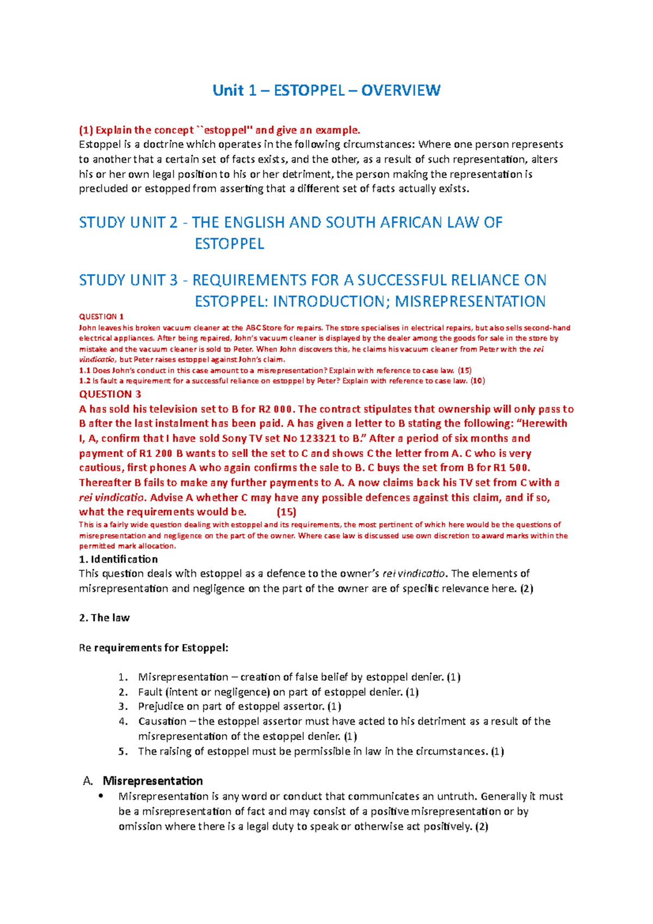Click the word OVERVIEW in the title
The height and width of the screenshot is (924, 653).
[x=401, y=90]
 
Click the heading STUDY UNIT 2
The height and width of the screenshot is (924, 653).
[x=128, y=223]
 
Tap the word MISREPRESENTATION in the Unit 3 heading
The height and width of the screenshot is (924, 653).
[x=470, y=301]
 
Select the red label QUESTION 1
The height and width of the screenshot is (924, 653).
[x=102, y=317]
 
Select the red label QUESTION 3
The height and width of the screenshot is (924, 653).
[x=110, y=394]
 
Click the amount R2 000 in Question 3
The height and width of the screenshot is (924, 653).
[x=272, y=409]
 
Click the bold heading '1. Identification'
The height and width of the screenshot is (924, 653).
[x=118, y=559]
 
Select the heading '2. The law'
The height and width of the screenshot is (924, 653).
[x=104, y=618]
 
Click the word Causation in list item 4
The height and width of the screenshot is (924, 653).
[x=162, y=722]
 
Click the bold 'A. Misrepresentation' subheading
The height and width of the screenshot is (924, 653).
[x=152, y=781]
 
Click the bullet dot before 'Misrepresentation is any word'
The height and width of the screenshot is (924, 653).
[x=100, y=796]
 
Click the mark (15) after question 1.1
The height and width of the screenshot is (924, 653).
[x=465, y=371]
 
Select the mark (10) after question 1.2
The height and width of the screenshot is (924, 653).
[x=477, y=381]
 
